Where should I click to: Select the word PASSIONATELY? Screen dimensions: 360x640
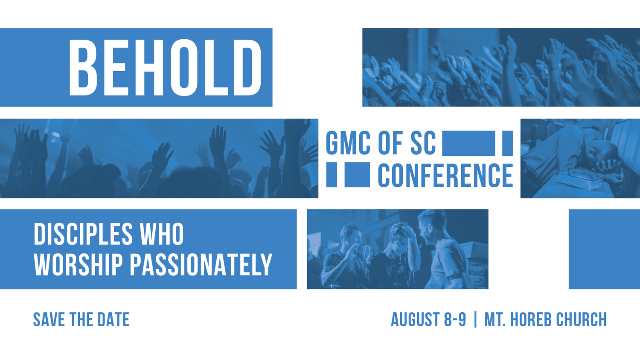[201, 264]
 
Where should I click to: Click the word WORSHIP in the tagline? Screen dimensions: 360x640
[79, 264]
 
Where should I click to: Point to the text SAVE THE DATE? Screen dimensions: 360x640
[81, 320]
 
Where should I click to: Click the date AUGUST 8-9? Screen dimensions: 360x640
[428, 320]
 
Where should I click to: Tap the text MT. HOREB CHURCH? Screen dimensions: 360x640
[545, 320]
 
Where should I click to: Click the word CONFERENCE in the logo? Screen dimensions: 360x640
[445, 175]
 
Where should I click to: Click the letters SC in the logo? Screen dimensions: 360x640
[423, 143]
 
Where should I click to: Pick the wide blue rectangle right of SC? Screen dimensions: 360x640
[468, 143]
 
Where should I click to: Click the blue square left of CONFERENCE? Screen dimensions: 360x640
[357, 175]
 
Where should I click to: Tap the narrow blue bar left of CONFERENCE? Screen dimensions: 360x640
[332, 175]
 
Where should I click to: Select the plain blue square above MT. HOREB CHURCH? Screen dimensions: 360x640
[604, 249]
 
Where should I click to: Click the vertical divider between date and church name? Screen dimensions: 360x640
[475, 320]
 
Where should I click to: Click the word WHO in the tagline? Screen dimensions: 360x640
[162, 234]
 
